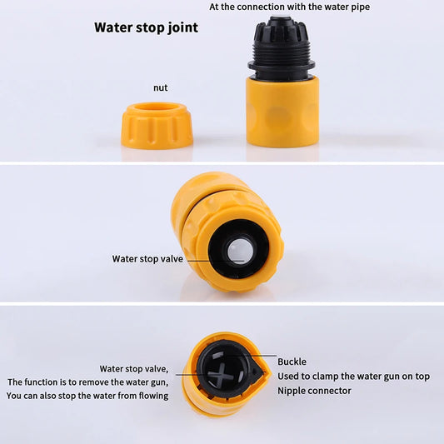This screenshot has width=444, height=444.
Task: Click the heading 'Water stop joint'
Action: point(146,27)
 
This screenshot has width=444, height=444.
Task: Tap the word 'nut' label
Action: point(161,87)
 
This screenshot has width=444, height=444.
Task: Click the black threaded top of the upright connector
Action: point(282,46)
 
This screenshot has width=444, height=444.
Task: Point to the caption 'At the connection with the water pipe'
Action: point(289,7)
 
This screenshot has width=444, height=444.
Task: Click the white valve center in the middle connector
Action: point(241,249)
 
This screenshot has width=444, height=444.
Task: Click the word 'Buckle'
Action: point(292,362)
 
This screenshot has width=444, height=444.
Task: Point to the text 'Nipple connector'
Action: point(314,391)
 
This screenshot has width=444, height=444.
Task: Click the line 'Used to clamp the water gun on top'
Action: point(353,377)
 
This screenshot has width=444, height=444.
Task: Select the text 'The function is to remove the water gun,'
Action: point(87,382)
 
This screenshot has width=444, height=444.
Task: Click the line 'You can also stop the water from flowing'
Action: point(87,396)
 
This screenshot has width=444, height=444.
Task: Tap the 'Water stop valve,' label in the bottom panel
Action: point(134,368)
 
